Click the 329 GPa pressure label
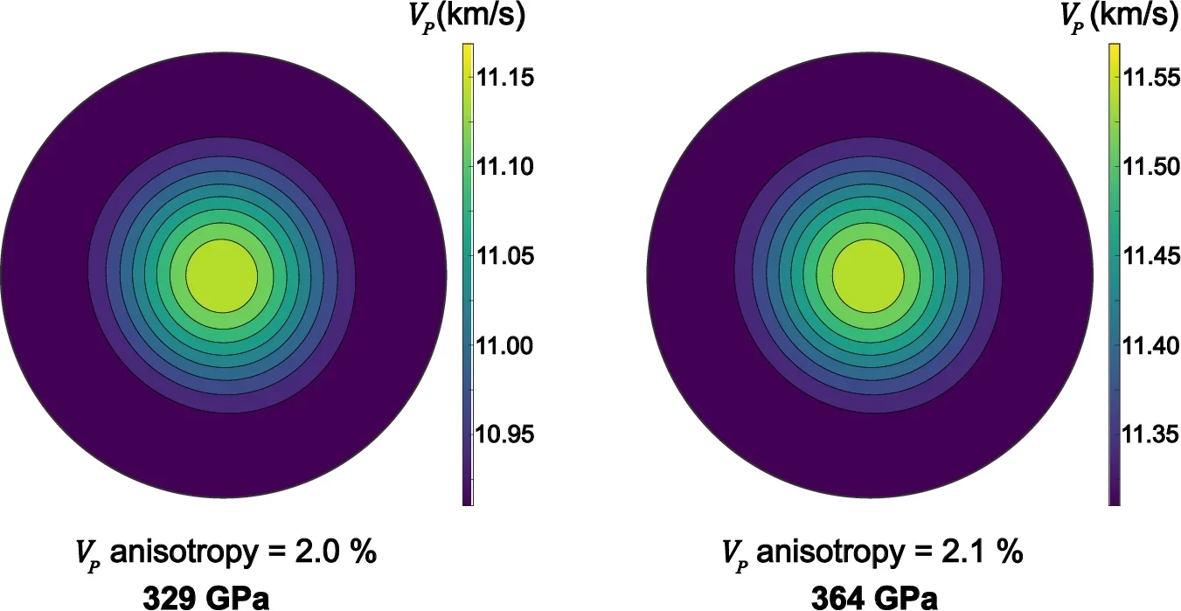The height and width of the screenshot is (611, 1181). (x=206, y=598)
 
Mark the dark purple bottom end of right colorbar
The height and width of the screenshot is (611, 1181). (x=1115, y=498)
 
